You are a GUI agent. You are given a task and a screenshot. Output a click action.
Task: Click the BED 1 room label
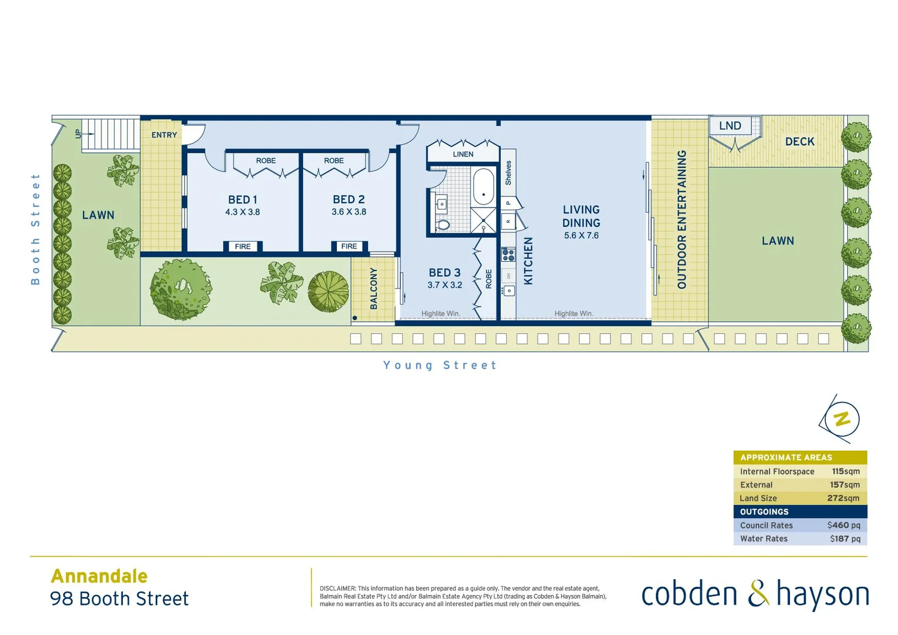pos(243,200)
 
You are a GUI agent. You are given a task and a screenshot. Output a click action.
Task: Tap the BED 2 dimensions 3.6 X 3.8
pos(349,212)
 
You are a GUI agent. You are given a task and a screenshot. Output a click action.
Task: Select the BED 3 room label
pos(444,273)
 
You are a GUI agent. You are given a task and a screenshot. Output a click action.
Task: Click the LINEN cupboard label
pos(463,154)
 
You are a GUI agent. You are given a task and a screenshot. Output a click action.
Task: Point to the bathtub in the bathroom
pos(484,187)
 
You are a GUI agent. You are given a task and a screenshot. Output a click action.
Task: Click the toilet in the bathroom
pos(444,224)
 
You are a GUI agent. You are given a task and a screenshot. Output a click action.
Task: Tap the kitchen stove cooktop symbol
pos(508,255)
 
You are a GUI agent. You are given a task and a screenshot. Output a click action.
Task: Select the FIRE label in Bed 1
pos(243,246)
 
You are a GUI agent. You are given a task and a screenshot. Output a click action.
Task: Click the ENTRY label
pos(164,135)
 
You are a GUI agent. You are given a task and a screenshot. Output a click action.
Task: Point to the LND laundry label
pos(730,126)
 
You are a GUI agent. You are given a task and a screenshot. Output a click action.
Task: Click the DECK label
pos(800,142)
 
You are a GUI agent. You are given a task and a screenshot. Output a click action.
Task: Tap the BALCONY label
pos(374,289)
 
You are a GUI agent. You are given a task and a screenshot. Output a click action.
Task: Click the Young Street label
pos(440,365)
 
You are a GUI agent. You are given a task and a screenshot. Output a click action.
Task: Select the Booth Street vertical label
pos(35,229)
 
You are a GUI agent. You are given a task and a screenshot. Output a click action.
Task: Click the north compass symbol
pos(841,419)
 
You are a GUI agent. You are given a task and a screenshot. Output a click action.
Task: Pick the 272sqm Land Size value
pos(843,498)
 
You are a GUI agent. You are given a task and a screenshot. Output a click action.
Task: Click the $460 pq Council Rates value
pos(843,525)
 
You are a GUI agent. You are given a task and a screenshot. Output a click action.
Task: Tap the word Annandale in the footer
pos(99,576)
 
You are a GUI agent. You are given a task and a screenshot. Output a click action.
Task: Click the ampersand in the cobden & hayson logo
pos(758,593)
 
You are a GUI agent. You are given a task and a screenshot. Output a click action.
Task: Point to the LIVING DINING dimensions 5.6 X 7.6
pos(581,236)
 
